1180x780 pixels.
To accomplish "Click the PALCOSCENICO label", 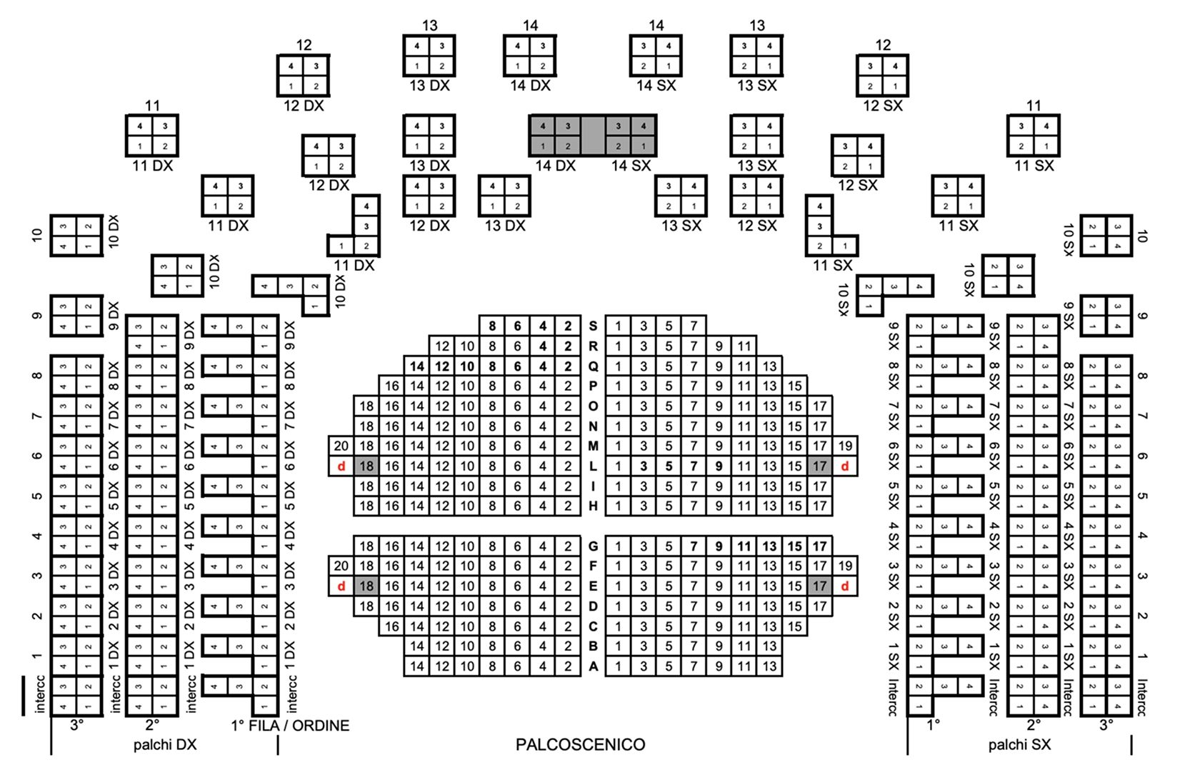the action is (580, 745).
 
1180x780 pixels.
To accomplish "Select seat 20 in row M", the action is (341, 446).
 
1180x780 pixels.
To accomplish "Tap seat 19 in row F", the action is (845, 566).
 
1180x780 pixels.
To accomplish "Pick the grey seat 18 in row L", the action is (366, 466).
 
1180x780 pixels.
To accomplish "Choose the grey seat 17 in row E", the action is (819, 586).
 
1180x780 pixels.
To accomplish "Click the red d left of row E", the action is (341, 586).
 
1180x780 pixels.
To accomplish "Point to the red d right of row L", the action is (845, 466).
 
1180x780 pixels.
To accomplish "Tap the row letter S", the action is (593, 326).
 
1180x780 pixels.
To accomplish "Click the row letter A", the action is (593, 666).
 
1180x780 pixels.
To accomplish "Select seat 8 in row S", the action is (492, 326).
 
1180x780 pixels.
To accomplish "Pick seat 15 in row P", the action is (794, 386).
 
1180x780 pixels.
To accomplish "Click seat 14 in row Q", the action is (417, 366).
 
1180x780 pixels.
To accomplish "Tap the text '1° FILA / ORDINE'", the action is (291, 726).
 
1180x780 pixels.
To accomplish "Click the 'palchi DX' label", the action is (165, 745).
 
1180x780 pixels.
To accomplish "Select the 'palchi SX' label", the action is (1019, 745).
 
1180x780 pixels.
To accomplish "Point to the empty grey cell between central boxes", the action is (593, 136).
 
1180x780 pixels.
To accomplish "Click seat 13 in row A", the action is (769, 666).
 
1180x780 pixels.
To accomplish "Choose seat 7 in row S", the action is (694, 326).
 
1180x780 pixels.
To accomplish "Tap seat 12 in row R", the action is (442, 346).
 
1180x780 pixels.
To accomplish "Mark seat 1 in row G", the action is (619, 546).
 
